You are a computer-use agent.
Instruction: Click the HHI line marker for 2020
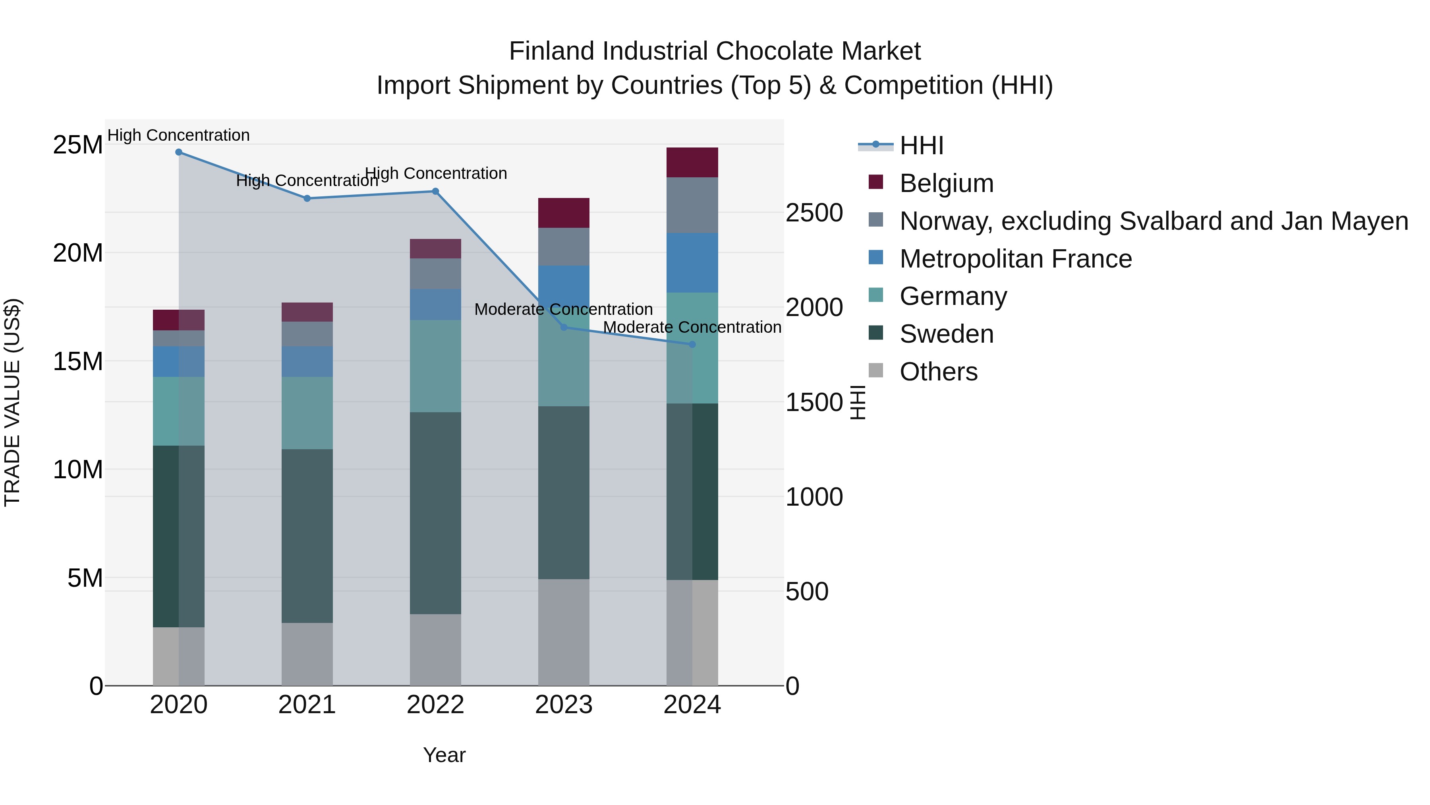point(179,152)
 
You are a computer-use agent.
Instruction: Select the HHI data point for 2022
point(436,192)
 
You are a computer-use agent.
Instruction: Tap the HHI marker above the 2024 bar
point(692,344)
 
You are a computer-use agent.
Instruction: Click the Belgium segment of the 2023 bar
point(564,213)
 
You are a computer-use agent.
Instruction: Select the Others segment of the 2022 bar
point(436,650)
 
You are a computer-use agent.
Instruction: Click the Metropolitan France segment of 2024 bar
point(692,263)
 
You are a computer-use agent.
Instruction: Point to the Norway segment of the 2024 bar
point(692,205)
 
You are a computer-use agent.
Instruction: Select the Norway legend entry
point(1154,221)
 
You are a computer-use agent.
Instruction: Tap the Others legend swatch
point(875,370)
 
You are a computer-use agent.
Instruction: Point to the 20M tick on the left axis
point(78,253)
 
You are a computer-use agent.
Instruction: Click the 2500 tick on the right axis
point(814,213)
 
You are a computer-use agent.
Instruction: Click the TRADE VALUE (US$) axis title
point(13,402)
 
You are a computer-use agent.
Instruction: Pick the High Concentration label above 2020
point(179,135)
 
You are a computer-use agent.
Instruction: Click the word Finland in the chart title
point(553,51)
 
